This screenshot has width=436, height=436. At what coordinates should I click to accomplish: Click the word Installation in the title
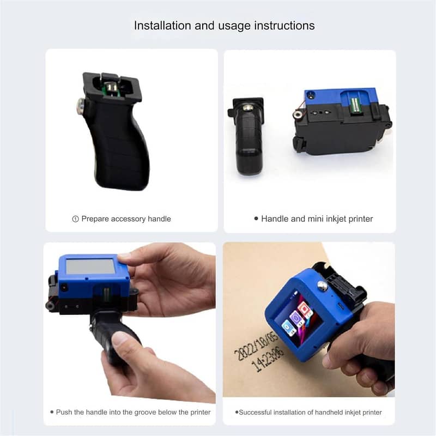click(x=158, y=26)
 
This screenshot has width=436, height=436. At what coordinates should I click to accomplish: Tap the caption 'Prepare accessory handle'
click(x=126, y=219)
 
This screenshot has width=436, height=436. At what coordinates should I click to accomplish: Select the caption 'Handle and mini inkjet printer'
click(x=317, y=219)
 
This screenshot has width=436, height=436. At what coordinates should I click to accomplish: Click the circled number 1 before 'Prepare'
click(x=76, y=219)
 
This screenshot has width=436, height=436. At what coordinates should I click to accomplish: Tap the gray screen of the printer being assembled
click(x=90, y=267)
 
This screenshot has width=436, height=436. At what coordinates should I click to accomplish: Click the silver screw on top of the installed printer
click(x=322, y=285)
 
